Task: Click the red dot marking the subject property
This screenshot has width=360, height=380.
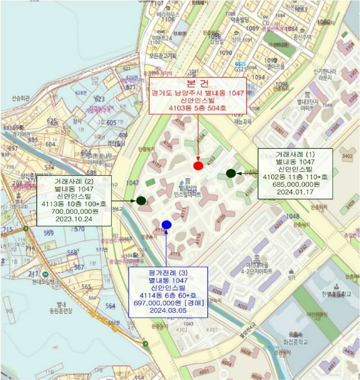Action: click(x=198, y=165)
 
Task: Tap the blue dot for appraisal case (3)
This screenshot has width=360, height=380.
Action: click(x=167, y=225)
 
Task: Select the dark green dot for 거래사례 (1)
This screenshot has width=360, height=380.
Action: click(x=231, y=174)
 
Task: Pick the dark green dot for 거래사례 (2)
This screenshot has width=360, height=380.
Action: click(x=141, y=201)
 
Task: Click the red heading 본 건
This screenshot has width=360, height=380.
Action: click(x=197, y=84)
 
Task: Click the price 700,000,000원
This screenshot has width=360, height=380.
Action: click(x=74, y=211)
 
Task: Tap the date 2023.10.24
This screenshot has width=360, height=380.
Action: click(x=74, y=219)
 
